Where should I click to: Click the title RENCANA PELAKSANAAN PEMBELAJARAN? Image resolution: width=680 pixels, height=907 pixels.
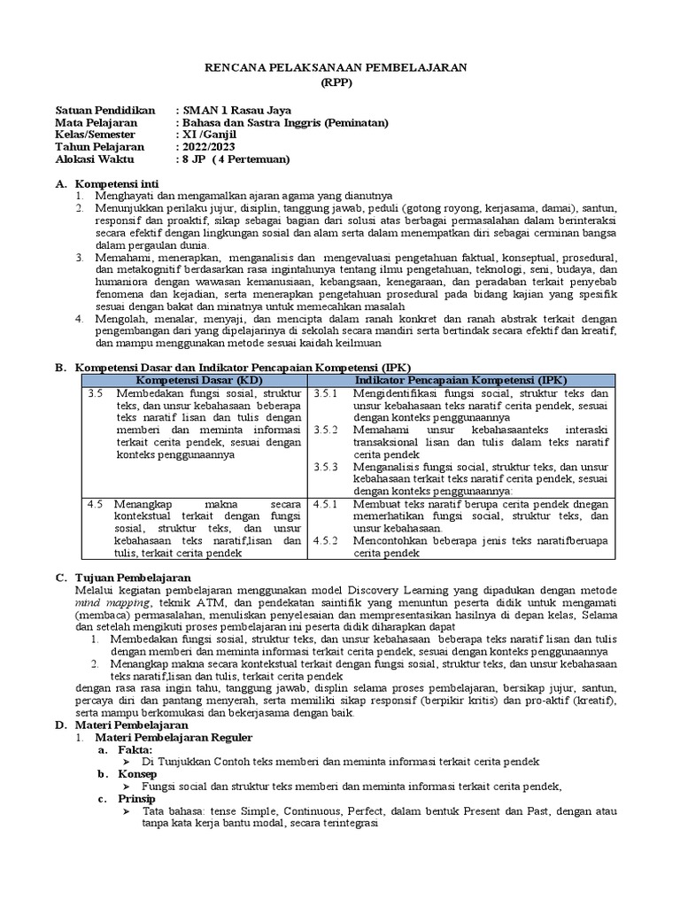(x=340, y=67)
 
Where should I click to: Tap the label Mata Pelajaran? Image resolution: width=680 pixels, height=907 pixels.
(x=96, y=122)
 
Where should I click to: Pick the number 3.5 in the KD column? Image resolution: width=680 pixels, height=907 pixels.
(x=96, y=392)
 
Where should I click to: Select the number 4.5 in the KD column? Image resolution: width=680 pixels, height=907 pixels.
(x=96, y=504)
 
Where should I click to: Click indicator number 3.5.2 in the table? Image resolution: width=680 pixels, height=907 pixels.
(x=327, y=430)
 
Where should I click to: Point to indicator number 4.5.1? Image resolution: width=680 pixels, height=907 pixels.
(x=327, y=504)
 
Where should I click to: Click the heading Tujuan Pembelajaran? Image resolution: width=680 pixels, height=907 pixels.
(x=128, y=577)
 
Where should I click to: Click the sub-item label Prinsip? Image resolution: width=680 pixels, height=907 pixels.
(x=137, y=799)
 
